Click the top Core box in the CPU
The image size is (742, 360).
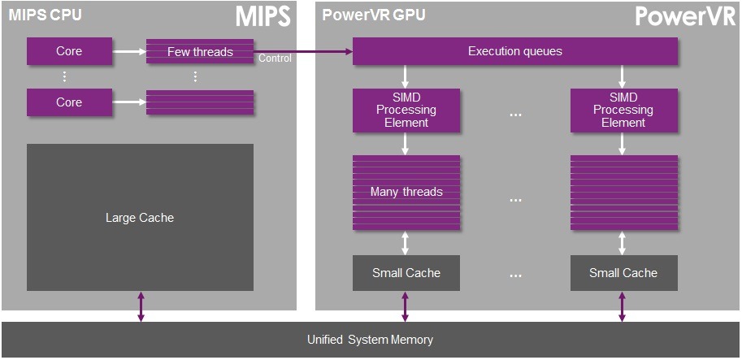tap(69, 52)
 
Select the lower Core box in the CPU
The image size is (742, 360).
tap(69, 102)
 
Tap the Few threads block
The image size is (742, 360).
tap(200, 52)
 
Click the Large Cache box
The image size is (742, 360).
tap(140, 218)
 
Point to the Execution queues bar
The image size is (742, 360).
tap(514, 52)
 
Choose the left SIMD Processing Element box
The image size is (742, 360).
tap(406, 110)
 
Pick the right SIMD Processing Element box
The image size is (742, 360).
tap(623, 110)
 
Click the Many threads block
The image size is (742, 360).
tap(406, 192)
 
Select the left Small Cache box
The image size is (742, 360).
tap(406, 273)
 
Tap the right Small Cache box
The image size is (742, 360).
tap(623, 273)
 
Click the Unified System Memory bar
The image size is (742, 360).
tap(370, 340)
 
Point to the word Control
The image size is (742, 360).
tap(275, 59)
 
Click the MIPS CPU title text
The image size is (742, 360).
tap(46, 15)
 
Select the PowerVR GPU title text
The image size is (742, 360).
tap(374, 15)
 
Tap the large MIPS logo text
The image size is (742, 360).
tap(263, 17)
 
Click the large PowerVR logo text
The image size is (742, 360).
tap(685, 17)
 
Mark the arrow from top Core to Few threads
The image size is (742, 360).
tap(128, 52)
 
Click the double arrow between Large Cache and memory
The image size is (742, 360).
tap(140, 308)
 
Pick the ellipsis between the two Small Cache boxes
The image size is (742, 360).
tap(514, 275)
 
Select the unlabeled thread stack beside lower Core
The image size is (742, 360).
tap(200, 102)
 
